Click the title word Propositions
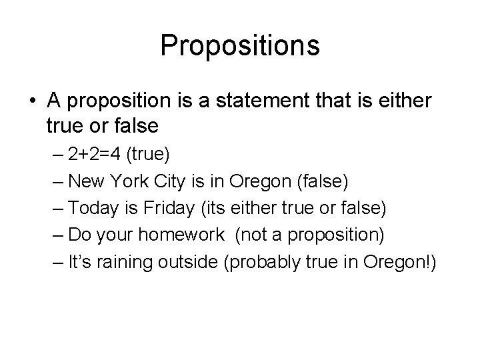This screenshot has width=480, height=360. pos(240,45)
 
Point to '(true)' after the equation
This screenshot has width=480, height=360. pos(152,155)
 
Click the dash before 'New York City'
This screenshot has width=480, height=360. pos(56,182)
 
